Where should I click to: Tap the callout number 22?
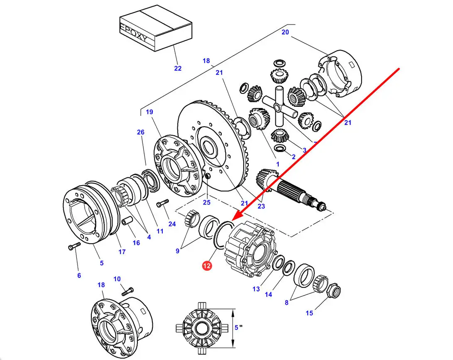tap(178, 69)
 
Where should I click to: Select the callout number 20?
tap(285, 32)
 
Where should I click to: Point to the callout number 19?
tap(149, 112)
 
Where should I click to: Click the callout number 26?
tap(140, 132)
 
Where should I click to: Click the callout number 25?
tap(206, 202)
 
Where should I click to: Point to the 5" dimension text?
tap(238, 327)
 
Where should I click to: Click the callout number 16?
tap(136, 243)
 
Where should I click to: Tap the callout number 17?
tap(122, 252)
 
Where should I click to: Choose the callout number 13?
tap(256, 289)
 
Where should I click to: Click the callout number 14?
tap(269, 294)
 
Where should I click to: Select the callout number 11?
tap(160, 231)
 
